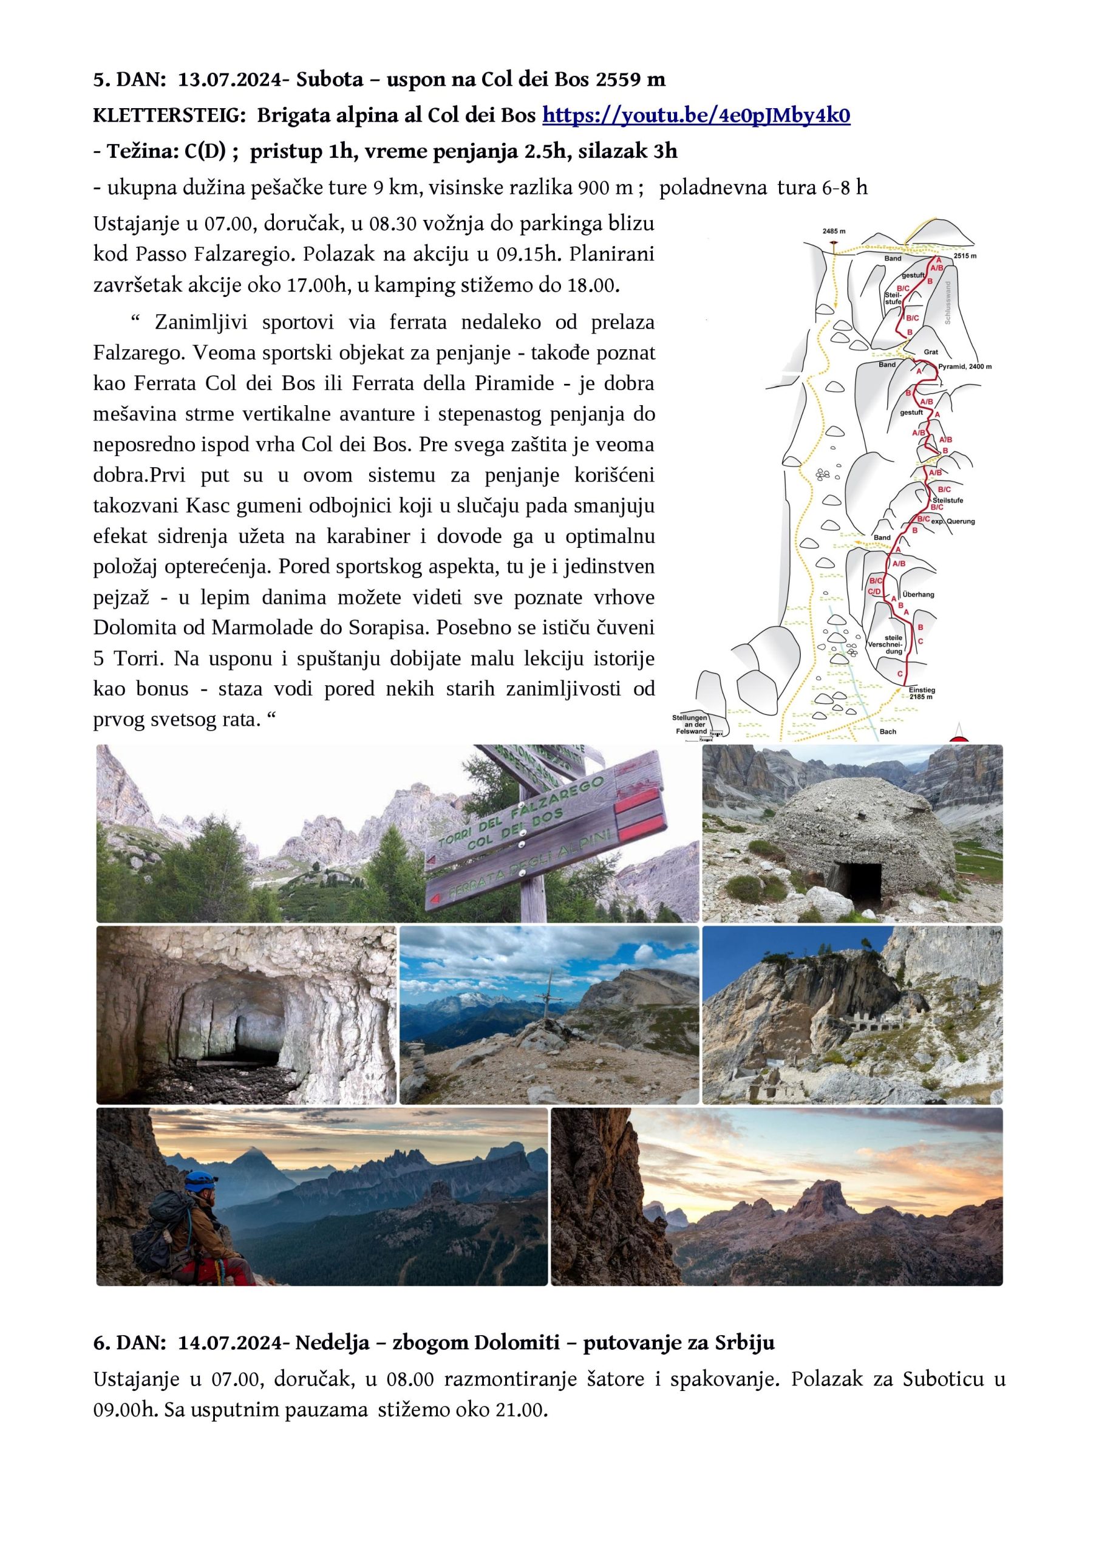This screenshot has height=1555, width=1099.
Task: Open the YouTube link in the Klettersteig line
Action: coord(696,116)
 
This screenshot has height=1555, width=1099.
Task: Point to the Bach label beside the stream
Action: coord(888,731)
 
